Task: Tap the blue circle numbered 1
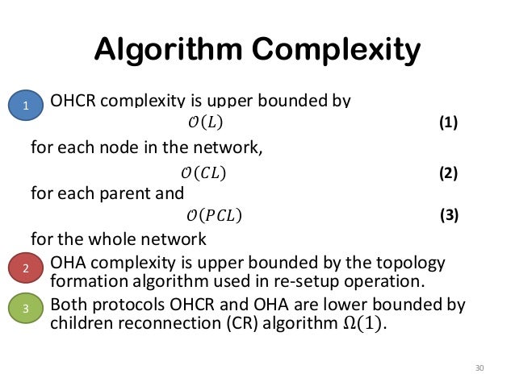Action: (26, 105)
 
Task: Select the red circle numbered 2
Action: (26, 269)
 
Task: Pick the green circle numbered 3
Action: (26, 309)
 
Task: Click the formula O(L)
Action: (202, 123)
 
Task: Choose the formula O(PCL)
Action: (213, 216)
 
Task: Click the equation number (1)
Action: (449, 123)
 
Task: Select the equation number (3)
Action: (450, 216)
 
